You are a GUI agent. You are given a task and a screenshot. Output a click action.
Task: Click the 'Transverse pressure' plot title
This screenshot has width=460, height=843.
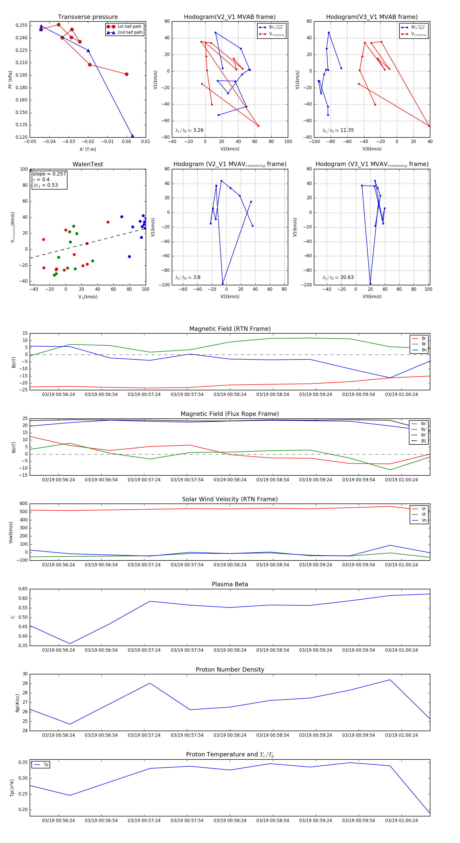point(88,17)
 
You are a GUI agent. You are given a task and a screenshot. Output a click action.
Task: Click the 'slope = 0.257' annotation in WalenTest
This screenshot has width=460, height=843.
point(49,174)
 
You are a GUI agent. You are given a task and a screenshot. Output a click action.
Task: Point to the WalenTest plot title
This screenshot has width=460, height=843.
point(88,164)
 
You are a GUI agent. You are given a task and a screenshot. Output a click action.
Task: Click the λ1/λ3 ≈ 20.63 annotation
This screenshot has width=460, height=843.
point(338,277)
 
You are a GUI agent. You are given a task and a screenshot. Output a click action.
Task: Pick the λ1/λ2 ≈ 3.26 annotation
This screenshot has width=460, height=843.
point(189,130)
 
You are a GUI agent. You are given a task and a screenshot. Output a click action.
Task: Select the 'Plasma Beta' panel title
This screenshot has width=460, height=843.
point(230,584)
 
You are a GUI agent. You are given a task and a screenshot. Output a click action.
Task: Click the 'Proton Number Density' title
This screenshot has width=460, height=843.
point(230,669)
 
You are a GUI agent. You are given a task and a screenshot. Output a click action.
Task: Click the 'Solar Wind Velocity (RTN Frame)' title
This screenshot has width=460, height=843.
point(230,499)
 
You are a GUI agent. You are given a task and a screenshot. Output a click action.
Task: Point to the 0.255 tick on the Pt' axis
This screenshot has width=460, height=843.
point(22,26)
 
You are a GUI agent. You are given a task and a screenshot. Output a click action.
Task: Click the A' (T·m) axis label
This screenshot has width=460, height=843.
point(88,149)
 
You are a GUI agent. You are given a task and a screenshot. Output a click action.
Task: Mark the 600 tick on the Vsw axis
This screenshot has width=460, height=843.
point(24,504)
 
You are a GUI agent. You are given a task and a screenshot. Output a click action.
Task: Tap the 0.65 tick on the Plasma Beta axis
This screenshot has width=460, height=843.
point(23,589)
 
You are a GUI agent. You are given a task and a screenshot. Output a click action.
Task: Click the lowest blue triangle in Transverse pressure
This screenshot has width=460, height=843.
point(132,136)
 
